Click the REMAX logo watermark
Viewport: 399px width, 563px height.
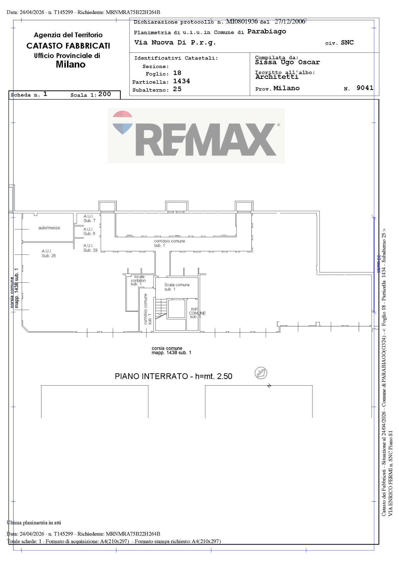196,135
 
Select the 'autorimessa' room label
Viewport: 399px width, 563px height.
49,228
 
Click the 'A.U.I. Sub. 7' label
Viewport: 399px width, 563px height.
89,218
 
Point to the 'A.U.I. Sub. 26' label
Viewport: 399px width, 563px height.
48,253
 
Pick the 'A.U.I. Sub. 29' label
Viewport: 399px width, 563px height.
90,248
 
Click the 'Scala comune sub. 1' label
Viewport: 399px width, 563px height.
177,287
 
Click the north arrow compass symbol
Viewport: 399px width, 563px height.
261,373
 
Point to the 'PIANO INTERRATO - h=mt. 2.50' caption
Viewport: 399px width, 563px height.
173,376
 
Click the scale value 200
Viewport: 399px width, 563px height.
105,94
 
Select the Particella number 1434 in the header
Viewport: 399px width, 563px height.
182,81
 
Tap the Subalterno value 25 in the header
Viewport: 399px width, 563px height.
177,89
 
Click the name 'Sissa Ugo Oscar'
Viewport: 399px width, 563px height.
287,62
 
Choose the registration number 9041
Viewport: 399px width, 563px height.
365,88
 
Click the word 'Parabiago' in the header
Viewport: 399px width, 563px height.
266,31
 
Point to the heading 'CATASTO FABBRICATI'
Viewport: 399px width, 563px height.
68,46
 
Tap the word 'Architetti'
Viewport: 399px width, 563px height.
277,77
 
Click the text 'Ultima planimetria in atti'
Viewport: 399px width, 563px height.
34,522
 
